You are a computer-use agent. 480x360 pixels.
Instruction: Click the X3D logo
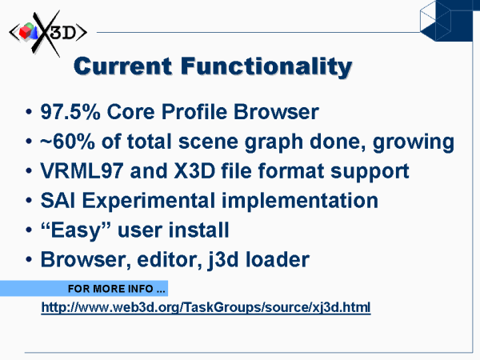(48, 33)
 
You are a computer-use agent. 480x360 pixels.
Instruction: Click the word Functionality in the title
(266, 67)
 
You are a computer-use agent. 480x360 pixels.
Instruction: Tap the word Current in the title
(123, 66)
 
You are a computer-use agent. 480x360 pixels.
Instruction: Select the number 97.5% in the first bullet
(70, 112)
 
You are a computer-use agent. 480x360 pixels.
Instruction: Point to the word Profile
(194, 112)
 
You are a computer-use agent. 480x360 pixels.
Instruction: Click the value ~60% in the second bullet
(67, 142)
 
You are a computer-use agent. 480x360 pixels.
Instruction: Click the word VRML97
(82, 171)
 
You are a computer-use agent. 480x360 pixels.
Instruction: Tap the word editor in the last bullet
(170, 260)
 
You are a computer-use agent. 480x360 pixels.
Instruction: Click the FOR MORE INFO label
(116, 289)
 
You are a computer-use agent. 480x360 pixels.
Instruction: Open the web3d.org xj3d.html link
(206, 307)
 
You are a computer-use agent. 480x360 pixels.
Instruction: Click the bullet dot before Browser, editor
(29, 260)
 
